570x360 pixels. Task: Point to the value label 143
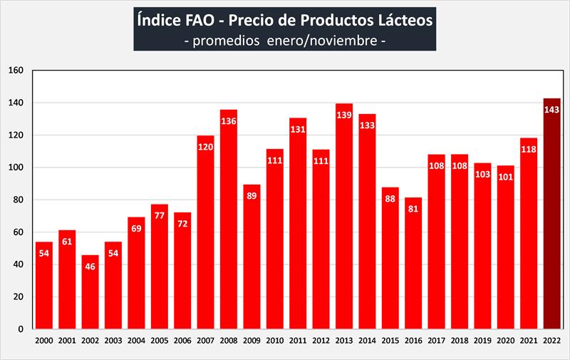click(551, 110)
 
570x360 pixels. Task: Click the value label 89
click(252, 196)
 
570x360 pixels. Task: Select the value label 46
click(90, 267)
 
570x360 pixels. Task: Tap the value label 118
click(528, 150)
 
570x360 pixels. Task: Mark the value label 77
click(160, 215)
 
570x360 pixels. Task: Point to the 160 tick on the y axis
click(16, 71)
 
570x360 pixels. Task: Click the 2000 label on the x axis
click(44, 341)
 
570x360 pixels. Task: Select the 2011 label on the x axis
click(299, 341)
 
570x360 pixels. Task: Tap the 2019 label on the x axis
click(482, 341)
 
